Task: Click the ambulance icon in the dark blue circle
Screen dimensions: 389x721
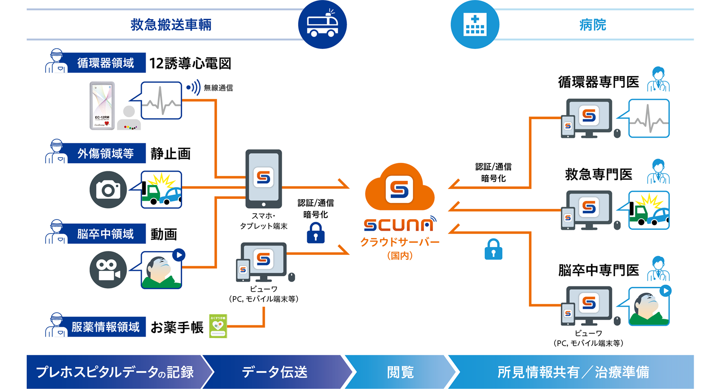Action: pos(322,25)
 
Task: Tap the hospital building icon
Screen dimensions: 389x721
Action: pos(475,25)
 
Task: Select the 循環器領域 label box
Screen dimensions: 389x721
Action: pos(105,63)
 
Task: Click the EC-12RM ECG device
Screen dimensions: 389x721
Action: pos(102,106)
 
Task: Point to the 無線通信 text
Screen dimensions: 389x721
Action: pos(218,88)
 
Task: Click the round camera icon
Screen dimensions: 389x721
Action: pos(108,190)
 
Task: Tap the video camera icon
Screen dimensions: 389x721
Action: pos(108,270)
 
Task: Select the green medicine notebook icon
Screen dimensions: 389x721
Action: pos(218,326)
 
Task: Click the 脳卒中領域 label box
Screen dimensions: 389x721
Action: pos(105,234)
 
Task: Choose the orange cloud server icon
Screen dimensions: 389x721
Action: pos(400,188)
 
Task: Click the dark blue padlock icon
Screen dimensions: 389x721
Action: pos(315,233)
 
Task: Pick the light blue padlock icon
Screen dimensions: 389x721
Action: pos(493,249)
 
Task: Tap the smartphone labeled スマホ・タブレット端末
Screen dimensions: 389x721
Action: pos(264,179)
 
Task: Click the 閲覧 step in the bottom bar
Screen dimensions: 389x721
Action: pos(400,372)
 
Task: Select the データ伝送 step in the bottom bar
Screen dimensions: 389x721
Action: pos(274,372)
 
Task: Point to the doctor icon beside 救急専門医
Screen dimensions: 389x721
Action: pos(658,172)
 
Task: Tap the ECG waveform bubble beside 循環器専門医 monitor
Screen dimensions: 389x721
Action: pos(649,118)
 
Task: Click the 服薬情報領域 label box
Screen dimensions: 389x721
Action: pos(105,327)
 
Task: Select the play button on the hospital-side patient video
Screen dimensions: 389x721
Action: pos(665,291)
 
